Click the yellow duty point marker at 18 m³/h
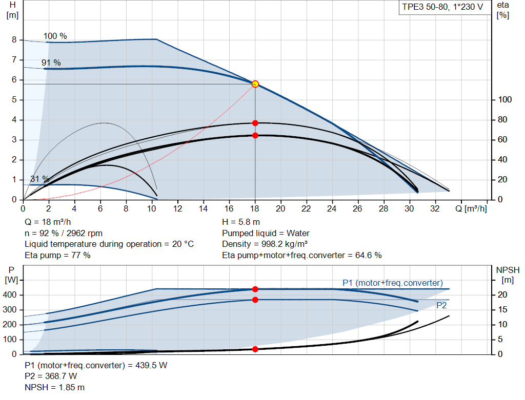coord(255,84)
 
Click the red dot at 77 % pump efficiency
coord(255,123)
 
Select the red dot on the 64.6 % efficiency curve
coord(255,136)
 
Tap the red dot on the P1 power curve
coord(255,289)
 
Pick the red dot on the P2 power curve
coord(255,300)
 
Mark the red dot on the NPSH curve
coord(255,349)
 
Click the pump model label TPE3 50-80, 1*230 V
coord(442,8)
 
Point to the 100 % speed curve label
coord(55,36)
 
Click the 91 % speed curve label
coord(51,62)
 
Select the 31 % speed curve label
coord(39,179)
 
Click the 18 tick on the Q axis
coord(255,209)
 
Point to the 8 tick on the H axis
coord(14,40)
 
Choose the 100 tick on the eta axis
coord(505,100)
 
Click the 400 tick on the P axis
coord(11,295)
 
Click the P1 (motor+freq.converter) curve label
coord(392,283)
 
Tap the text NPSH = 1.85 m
coord(54,387)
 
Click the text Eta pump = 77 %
coord(57,255)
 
